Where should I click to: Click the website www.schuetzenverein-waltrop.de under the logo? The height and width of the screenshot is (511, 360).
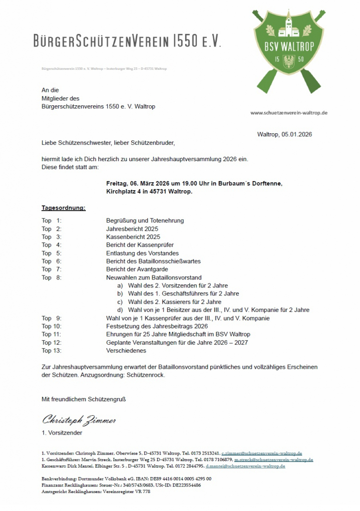coord(289,113)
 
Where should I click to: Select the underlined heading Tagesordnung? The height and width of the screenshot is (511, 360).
coord(63,208)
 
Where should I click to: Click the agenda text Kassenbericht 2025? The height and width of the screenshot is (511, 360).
coord(133,237)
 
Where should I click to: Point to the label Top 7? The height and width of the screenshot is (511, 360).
coord(51,269)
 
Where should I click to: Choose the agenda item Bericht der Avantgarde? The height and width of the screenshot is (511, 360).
coord(138,269)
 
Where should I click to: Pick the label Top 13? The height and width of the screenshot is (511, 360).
coord(51,350)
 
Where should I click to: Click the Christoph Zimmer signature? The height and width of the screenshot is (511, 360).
coord(79,420)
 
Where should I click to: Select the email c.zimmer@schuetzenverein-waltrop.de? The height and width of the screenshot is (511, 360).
coord(262,453)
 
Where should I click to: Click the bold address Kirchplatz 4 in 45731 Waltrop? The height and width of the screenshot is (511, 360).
coord(149,191)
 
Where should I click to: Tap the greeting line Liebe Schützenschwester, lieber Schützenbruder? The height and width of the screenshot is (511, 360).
coord(108,143)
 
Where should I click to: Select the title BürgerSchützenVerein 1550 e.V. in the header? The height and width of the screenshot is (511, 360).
coord(127,41)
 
